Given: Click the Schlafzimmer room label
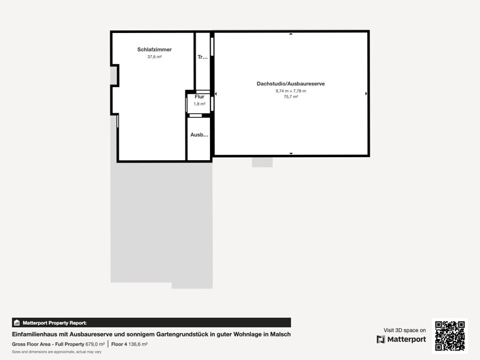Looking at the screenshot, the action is coord(154,50).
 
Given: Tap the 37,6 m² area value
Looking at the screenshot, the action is coord(155,56).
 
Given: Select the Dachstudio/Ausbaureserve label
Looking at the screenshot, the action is coord(290,83).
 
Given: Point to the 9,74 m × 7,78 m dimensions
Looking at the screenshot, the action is coord(291,91).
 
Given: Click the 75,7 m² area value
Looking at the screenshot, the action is coord(291,97).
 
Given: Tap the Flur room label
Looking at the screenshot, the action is coord(199,97).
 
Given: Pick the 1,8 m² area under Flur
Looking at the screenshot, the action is coord(199,104).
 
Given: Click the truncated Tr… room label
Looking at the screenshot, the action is coord(203,57).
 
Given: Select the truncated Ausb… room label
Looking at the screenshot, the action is coord(199,134).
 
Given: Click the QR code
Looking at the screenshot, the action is coord(450,336).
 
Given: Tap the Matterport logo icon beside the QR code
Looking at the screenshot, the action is coord(381,340).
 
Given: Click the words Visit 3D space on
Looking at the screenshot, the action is coord(404,331).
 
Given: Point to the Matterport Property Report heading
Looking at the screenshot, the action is coord(55,323).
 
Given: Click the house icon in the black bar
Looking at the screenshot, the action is coord(17,323).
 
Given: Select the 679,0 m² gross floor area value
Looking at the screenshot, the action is coord(95,344).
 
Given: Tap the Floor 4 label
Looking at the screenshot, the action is coord(119,344).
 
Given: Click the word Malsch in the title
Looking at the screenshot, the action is coord(280,334).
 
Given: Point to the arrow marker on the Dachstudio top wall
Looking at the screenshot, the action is coord(291,34).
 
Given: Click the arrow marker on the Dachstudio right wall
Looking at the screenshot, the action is coord(366,94).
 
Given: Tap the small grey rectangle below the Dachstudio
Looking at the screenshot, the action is coord(262,162).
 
